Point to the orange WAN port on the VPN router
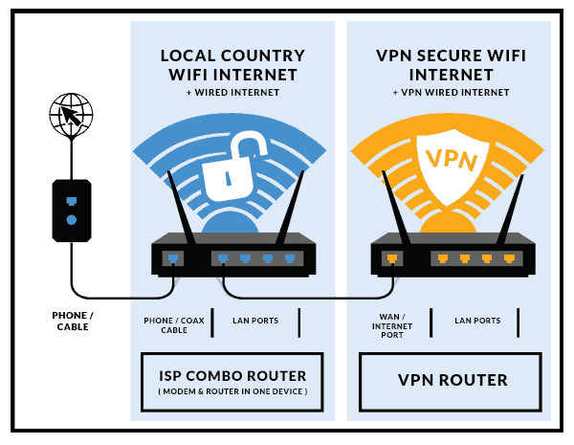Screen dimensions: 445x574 (392, 257)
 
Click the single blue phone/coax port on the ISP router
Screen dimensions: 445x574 (173, 257)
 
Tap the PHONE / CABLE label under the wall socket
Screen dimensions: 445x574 (71, 321)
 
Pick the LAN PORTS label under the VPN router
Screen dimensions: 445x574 (476, 320)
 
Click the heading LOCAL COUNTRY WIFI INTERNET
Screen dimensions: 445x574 (232, 65)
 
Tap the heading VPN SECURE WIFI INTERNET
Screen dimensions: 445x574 (451, 65)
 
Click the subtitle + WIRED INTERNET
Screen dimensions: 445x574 (232, 92)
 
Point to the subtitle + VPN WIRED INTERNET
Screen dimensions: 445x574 (451, 92)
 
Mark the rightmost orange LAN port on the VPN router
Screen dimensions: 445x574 (510, 257)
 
